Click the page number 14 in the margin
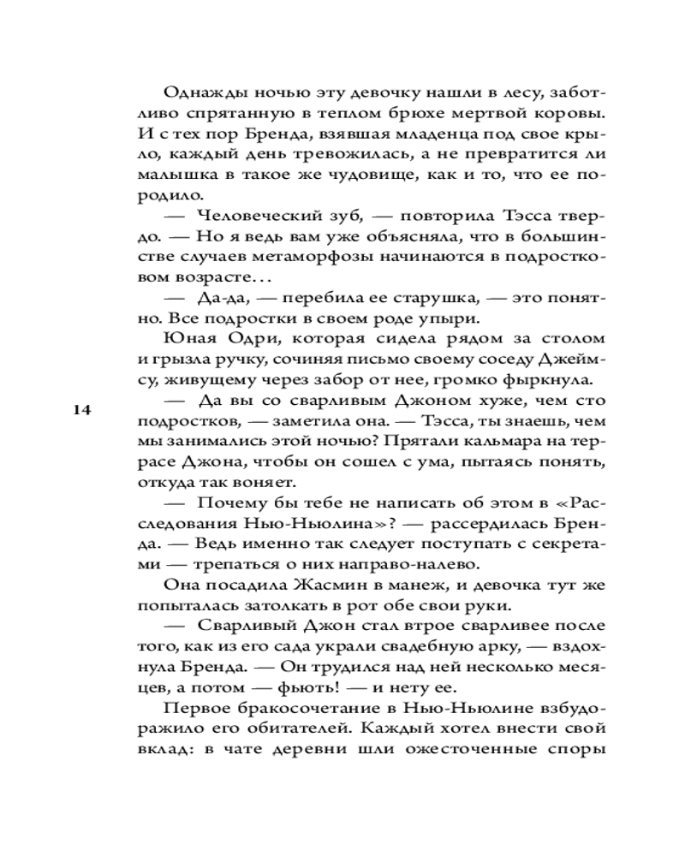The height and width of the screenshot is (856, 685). pyautogui.click(x=82, y=410)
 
